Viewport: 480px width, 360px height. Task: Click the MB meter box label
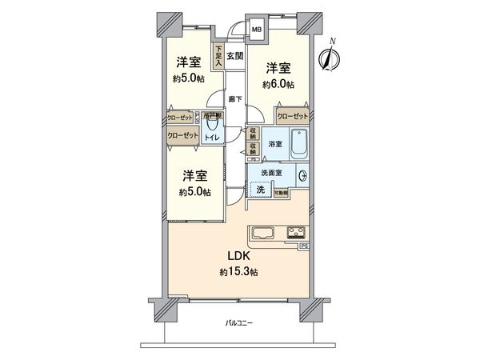click(x=257, y=30)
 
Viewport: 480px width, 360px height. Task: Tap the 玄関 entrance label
click(x=234, y=55)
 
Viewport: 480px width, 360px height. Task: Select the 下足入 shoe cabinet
click(x=218, y=55)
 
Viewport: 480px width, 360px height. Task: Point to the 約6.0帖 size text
click(x=280, y=84)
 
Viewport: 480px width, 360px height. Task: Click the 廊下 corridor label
click(x=234, y=100)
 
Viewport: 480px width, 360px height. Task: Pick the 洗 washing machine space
click(x=261, y=190)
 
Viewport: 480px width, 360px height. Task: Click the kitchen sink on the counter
click(x=265, y=234)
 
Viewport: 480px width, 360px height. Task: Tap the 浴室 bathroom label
click(x=274, y=144)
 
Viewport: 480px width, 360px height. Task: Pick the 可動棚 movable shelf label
click(x=282, y=193)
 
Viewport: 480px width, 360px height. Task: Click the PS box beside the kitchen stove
click(x=304, y=246)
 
